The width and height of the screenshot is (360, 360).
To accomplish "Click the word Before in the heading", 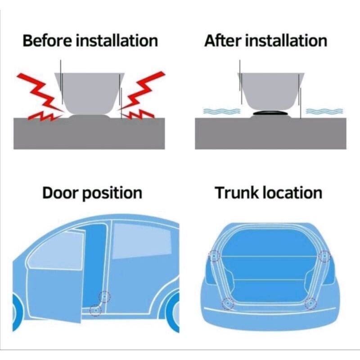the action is pos(47,40).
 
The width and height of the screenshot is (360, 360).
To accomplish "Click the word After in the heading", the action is pos(222,40).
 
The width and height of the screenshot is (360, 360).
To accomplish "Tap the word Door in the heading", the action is pos(60,193).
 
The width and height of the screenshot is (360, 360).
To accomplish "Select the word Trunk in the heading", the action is pos(237,193).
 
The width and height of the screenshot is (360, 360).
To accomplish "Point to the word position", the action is pos(112,194).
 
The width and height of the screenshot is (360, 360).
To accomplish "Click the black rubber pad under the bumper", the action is pos(270,113).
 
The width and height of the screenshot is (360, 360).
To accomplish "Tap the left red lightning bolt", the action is pos(40,96).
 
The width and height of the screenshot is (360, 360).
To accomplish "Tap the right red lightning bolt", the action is pos(142,95).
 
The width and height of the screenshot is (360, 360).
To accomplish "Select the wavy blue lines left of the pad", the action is pos(221,111).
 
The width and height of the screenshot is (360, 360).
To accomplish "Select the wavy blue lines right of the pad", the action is pos(324,111).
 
